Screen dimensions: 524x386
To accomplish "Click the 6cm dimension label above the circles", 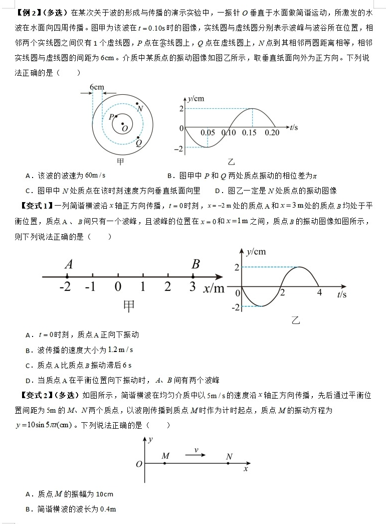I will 97,87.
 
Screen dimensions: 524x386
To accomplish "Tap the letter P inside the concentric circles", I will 111,117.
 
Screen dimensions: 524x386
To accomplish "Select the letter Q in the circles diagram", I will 139,142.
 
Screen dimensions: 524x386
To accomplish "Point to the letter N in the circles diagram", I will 140,109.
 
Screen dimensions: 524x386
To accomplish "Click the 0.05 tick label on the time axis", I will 208,133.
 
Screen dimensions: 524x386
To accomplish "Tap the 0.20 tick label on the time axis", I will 272,133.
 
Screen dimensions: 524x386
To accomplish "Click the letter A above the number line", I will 69,264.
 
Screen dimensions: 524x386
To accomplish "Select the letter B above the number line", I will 196,264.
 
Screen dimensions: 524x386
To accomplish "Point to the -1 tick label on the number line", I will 90,287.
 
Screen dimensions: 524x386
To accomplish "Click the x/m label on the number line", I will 214,288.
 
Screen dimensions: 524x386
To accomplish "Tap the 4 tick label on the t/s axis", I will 319,293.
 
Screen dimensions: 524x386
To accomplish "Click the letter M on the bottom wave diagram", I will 165,456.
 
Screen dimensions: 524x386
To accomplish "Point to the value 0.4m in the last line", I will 106,509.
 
